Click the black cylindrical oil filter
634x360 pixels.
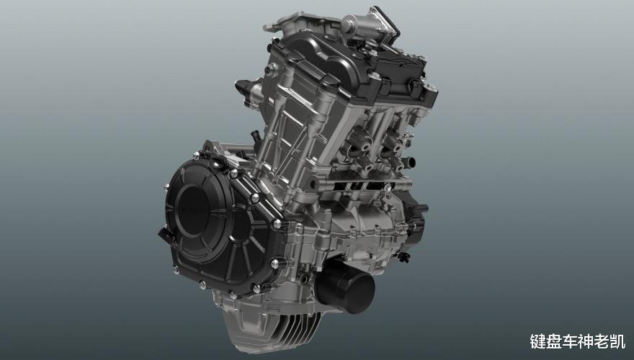[x=346, y=285]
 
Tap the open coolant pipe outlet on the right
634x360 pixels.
[x=409, y=163]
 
